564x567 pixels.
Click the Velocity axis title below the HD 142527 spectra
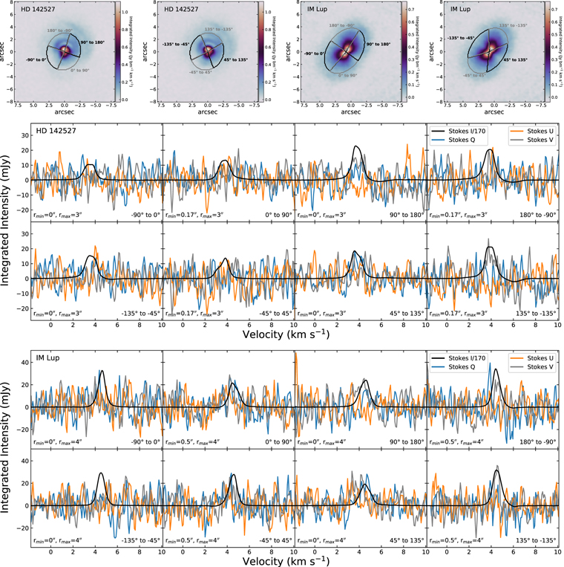295,334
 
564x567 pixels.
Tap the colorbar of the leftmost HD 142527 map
115,51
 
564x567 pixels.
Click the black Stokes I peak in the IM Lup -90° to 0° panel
102,371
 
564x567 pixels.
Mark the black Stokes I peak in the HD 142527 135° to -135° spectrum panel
490,247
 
